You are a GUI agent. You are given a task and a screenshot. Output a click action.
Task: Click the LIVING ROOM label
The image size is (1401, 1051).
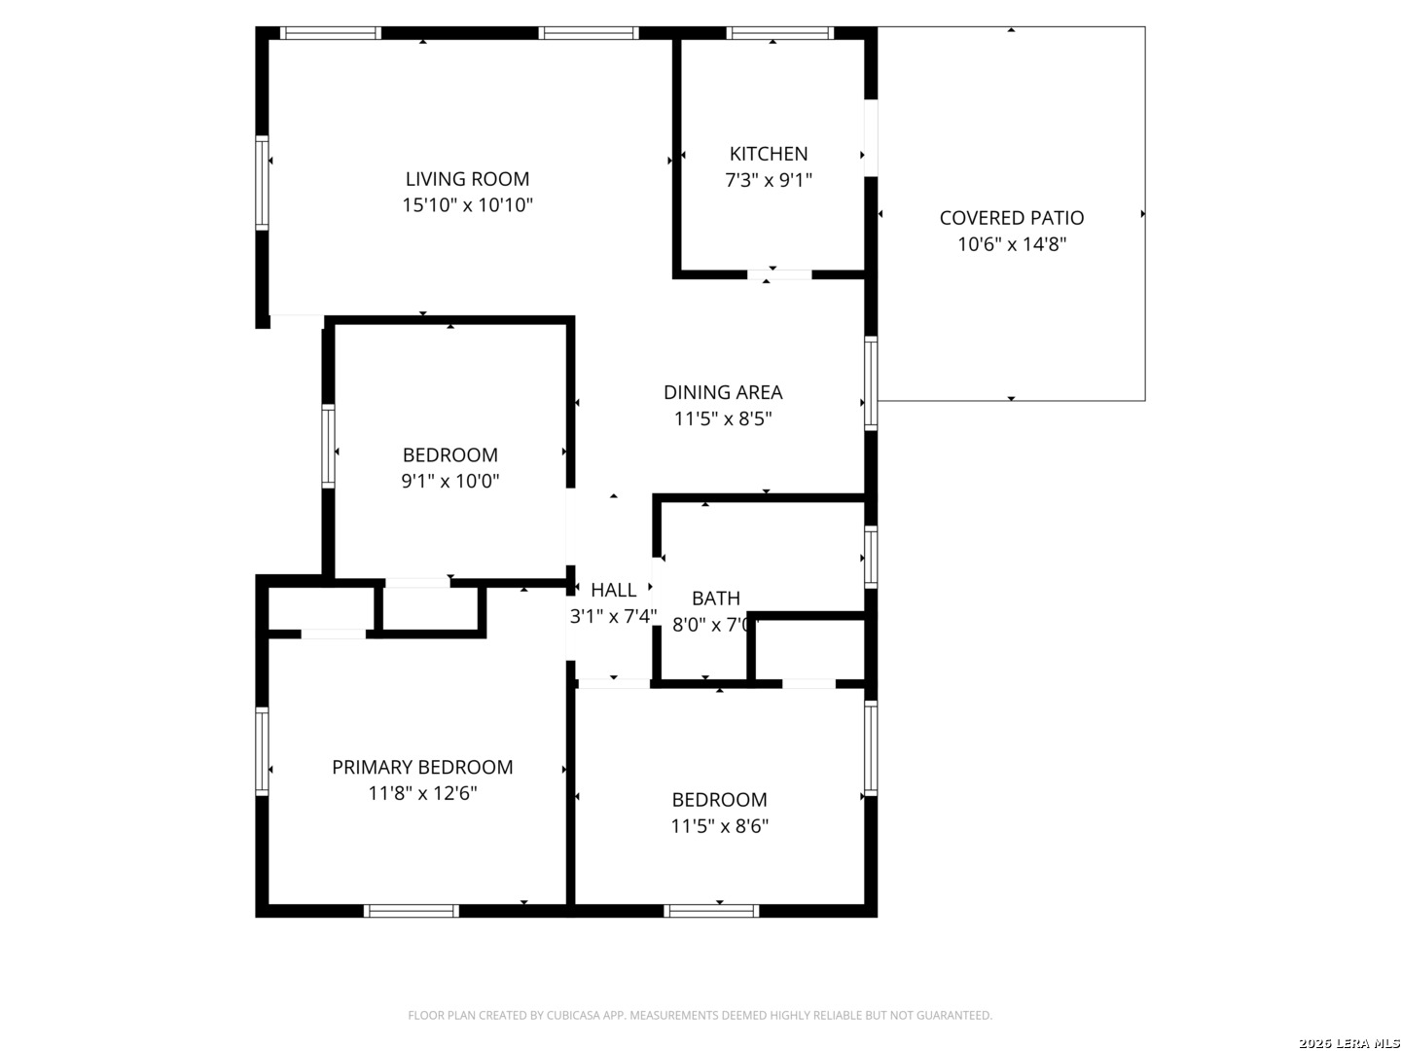click(467, 179)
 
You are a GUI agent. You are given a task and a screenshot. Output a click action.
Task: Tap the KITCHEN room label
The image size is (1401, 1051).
click(769, 154)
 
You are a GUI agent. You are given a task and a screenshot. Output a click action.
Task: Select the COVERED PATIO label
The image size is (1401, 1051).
click(1012, 218)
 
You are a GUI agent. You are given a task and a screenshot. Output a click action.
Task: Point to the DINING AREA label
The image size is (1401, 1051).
click(723, 392)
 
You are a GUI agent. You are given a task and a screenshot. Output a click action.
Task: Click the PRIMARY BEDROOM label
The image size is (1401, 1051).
click(422, 767)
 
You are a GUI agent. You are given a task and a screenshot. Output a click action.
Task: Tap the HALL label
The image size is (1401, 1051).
click(613, 591)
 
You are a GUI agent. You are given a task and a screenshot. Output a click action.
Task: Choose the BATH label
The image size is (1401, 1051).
click(716, 598)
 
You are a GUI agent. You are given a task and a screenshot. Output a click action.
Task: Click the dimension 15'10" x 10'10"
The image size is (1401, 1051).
click(467, 205)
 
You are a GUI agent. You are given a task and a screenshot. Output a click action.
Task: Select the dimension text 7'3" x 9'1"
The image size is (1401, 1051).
click(769, 181)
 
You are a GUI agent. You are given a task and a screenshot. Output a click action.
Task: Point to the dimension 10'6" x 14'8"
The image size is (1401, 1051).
click(1012, 244)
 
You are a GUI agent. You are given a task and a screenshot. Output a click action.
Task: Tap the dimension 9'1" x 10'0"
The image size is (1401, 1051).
click(450, 481)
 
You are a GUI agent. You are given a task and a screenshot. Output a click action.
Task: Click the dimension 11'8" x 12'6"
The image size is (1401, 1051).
click(422, 793)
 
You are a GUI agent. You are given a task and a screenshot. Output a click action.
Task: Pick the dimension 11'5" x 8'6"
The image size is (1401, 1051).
click(719, 826)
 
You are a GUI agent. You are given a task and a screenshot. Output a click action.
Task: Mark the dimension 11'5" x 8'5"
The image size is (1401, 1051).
click(723, 419)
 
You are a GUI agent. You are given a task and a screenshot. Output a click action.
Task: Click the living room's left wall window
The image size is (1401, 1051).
click(262, 183)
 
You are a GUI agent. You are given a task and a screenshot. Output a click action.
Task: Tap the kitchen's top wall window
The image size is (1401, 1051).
click(780, 33)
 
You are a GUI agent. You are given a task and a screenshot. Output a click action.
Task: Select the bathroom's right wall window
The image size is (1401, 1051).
click(871, 557)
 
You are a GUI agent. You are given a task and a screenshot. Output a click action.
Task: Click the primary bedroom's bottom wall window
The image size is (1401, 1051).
click(412, 911)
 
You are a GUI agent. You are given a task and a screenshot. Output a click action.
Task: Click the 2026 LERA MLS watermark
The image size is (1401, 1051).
click(1348, 1043)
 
